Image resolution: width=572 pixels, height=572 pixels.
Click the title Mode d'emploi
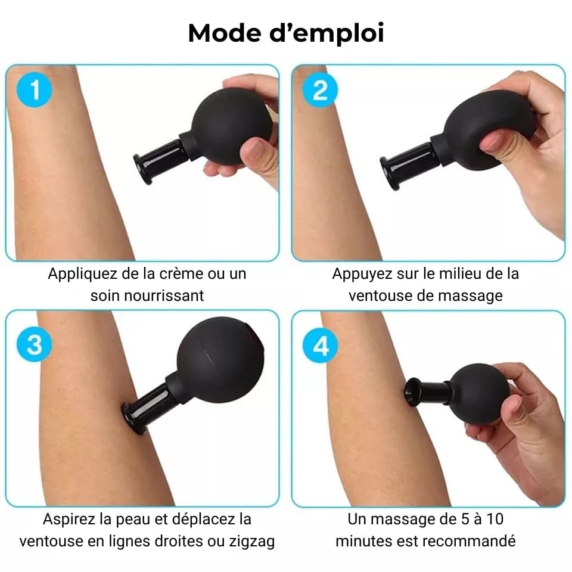(x=286, y=33)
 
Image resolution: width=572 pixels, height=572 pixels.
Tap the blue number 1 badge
(x=35, y=90)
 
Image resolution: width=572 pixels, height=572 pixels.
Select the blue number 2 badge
(x=321, y=90)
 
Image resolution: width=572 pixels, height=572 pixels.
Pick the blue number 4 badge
(x=321, y=346)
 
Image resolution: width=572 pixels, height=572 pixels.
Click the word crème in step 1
(x=179, y=273)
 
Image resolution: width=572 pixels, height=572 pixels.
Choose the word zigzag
(x=251, y=542)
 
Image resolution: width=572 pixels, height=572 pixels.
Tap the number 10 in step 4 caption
(x=495, y=520)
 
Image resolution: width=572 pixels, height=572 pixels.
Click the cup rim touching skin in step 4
(x=412, y=393)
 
